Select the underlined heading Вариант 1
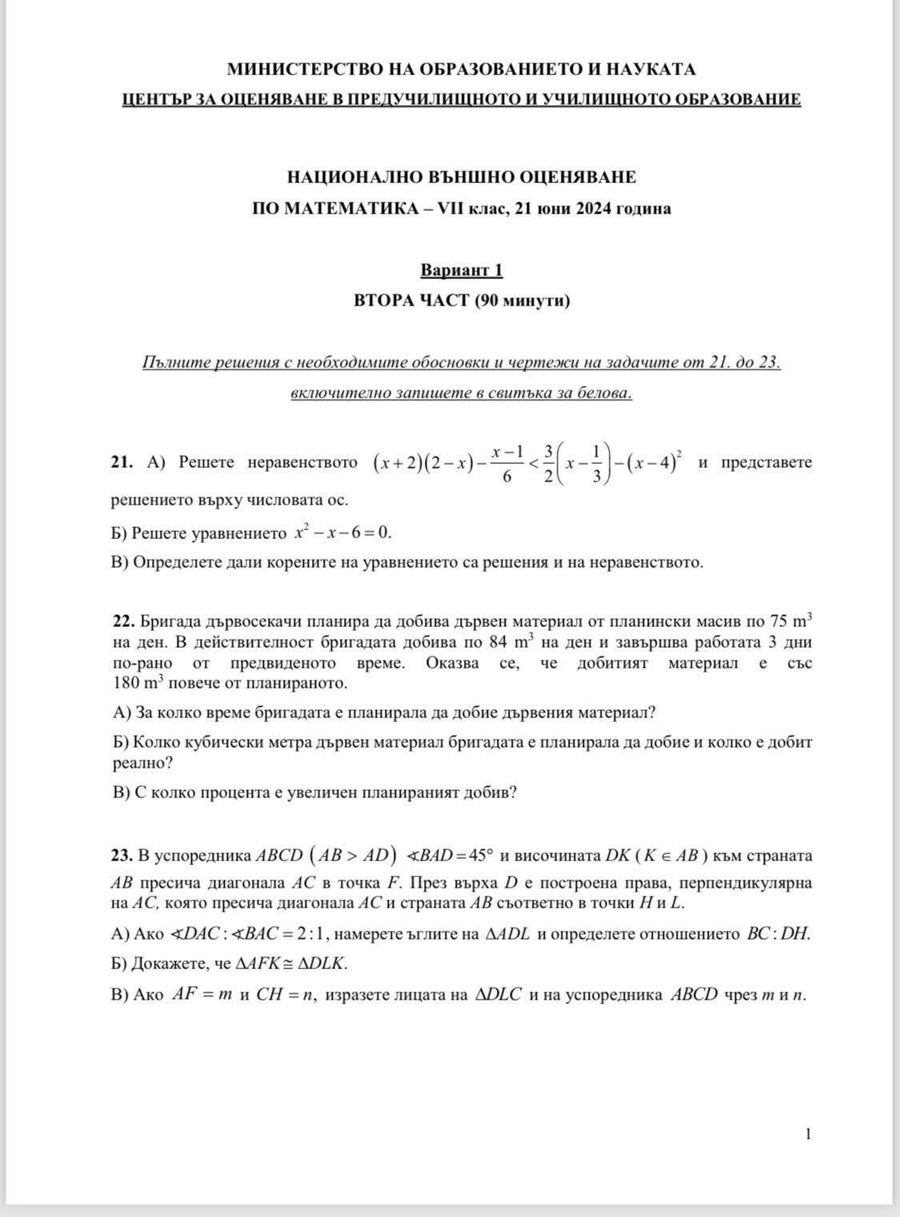(462, 270)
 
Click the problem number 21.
(122, 462)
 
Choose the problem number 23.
(122, 856)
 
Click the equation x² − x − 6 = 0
(342, 533)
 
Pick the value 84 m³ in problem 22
(510, 641)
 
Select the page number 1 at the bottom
(808, 1134)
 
